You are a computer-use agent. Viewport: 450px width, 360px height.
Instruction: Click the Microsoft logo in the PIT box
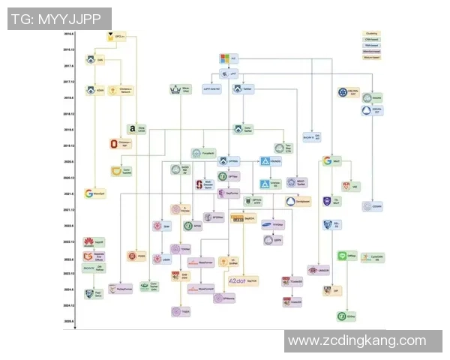[223, 58]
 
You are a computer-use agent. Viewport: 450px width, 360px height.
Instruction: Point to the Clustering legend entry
[371, 33]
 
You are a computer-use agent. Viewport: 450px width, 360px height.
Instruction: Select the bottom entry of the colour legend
[371, 57]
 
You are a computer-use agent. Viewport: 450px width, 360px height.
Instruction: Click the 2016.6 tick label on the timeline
[69, 34]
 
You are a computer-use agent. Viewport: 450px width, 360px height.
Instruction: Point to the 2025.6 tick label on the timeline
[69, 321]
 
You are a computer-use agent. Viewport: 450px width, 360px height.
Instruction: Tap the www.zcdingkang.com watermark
[356, 340]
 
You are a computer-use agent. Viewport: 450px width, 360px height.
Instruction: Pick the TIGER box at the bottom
[180, 310]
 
